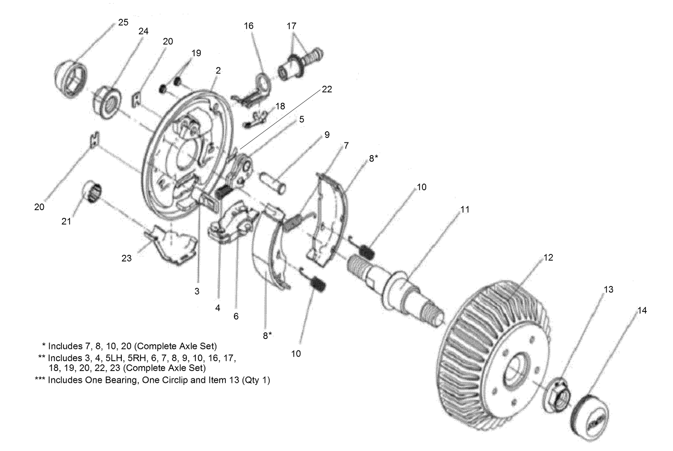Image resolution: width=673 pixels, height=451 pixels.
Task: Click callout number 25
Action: click(x=123, y=23)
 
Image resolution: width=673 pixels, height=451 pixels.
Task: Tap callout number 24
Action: click(x=143, y=32)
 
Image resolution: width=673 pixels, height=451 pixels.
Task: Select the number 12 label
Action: click(x=548, y=257)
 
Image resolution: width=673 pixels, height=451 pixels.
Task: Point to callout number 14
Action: click(x=642, y=311)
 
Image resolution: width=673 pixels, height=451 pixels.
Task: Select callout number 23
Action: click(x=127, y=258)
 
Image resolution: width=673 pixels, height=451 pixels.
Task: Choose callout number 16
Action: click(x=249, y=26)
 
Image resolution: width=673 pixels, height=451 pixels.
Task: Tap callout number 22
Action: click(x=327, y=89)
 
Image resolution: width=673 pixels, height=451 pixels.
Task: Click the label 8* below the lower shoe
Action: click(x=268, y=335)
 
